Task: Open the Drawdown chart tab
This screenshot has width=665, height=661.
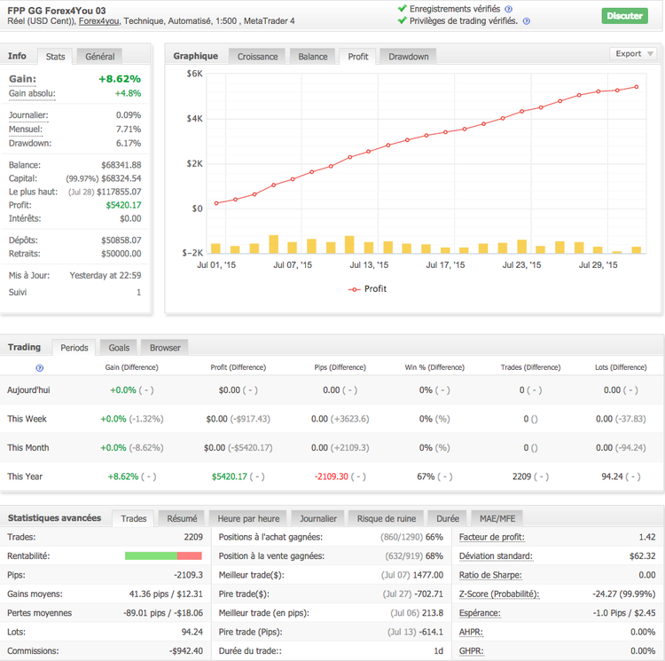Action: pyautogui.click(x=408, y=56)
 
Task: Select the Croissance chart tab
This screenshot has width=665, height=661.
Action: pyautogui.click(x=257, y=56)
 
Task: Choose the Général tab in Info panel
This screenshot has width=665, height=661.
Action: pyautogui.click(x=100, y=56)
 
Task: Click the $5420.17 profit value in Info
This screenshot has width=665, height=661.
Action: pyautogui.click(x=123, y=205)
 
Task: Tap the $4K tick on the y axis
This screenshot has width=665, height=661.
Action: pyautogui.click(x=194, y=118)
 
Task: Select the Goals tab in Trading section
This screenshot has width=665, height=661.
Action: pyautogui.click(x=119, y=348)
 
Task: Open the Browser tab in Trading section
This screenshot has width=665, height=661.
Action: pyautogui.click(x=165, y=348)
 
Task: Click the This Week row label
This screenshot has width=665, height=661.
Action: pyautogui.click(x=27, y=419)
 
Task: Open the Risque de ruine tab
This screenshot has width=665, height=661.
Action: pyautogui.click(x=387, y=518)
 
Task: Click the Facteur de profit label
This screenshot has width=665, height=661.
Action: pyautogui.click(x=491, y=537)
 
